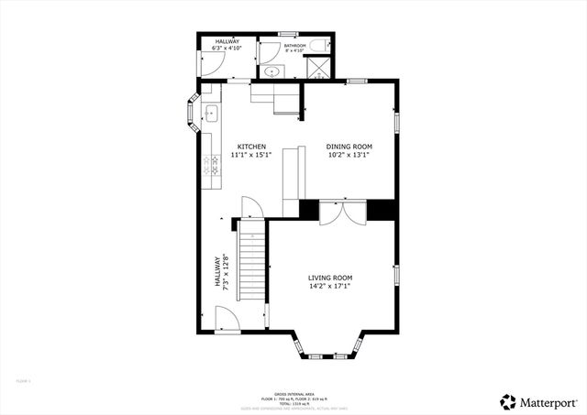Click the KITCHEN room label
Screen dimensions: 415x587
tap(252, 147)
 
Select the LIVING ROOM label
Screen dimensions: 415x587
tap(329, 278)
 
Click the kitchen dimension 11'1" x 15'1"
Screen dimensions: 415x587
tap(252, 156)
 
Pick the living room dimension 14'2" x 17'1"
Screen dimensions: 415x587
tap(329, 287)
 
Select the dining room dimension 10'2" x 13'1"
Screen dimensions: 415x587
tap(349, 156)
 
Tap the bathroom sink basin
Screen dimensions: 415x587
tap(271, 71)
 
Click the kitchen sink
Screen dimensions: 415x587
tap(210, 114)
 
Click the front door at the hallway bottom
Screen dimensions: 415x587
tap(226, 321)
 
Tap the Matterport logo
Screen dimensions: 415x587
tap(538, 400)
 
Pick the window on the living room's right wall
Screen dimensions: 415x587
tap(396, 276)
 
